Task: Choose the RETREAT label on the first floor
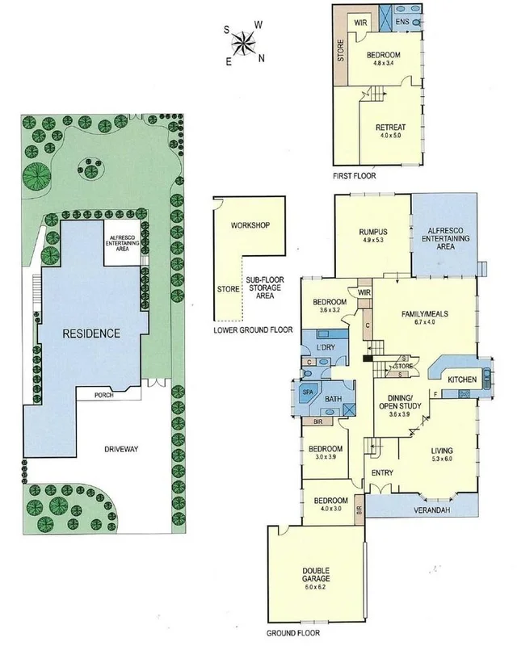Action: coord(391,128)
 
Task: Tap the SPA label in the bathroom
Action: coord(308,392)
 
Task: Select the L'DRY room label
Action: coord(326,347)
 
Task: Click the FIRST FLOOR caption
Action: coord(354,174)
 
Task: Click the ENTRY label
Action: coord(380,472)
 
